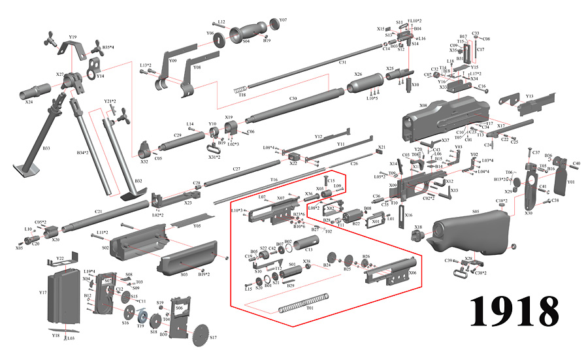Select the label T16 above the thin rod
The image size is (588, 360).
274,179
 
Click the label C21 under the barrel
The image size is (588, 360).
99,212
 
